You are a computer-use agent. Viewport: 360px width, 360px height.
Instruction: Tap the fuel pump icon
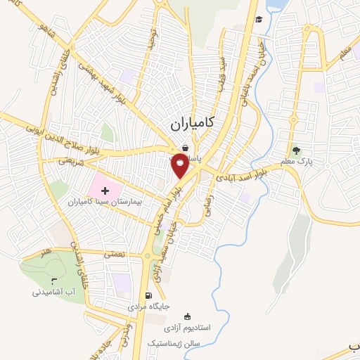click(x=148, y=296)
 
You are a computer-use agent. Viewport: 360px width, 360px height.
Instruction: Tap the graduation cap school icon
click(x=259, y=19)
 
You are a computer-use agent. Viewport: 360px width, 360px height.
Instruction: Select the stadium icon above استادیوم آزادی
click(x=186, y=316)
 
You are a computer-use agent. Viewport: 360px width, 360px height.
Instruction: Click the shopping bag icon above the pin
click(x=184, y=148)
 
